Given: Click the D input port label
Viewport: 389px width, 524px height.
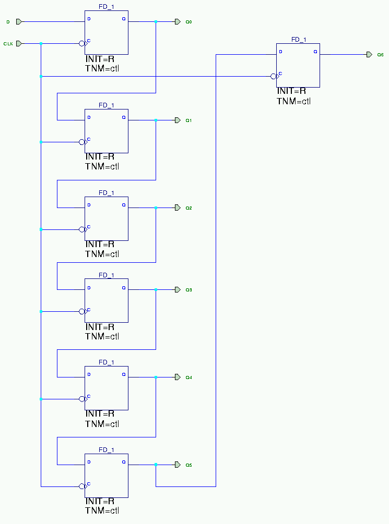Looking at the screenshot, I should [8, 22].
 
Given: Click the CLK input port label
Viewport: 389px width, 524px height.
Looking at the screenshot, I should [8, 44].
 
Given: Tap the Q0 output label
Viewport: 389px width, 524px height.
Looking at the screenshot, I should [189, 22].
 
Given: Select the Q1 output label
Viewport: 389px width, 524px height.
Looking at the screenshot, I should [189, 120].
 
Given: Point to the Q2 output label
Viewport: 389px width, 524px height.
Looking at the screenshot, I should [189, 208].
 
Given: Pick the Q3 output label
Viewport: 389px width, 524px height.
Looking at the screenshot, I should [189, 290].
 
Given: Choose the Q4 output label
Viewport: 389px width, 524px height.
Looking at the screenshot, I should [189, 377].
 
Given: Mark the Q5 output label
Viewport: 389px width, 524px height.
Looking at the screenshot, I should [189, 465].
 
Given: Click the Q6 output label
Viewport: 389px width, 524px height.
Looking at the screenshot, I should [381, 55].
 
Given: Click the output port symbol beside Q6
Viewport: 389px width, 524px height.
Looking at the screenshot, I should [369, 54].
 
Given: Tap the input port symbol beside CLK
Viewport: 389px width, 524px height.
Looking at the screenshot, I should [19, 43].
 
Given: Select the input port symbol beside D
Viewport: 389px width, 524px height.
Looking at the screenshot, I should [19, 21].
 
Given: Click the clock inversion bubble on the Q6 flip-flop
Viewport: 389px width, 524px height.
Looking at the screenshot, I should [274, 77].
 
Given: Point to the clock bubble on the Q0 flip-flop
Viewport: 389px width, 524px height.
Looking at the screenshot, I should [82, 44].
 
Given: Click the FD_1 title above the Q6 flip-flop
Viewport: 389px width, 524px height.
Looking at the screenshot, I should [299, 40].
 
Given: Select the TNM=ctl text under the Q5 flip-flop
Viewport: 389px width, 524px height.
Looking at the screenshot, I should [102, 511].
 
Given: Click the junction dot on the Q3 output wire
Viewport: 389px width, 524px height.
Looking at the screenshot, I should [156, 289].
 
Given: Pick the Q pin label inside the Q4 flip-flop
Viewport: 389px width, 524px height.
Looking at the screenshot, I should [124, 374].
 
